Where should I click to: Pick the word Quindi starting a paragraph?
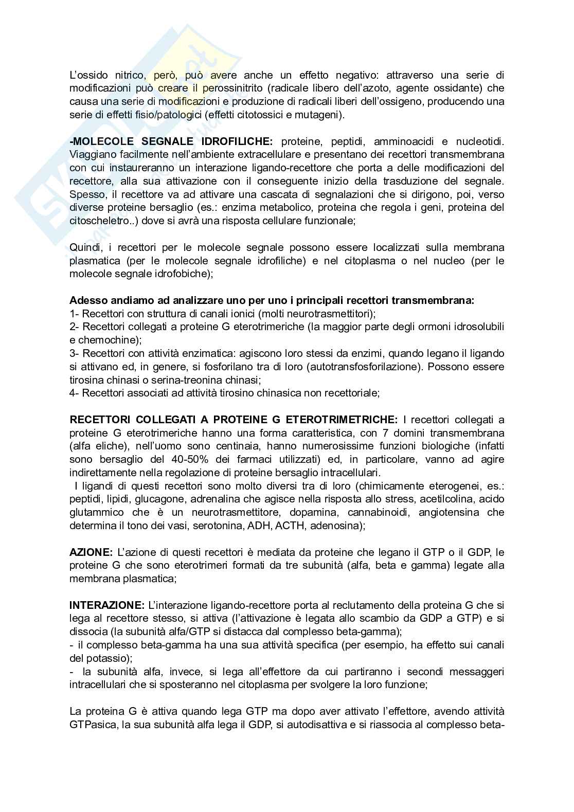pos(84,247)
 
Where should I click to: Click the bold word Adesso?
pos(87,300)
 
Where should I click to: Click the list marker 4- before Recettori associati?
pos(75,393)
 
